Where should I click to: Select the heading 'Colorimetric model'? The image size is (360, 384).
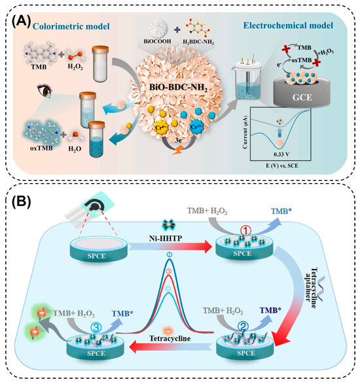tap(65, 26)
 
